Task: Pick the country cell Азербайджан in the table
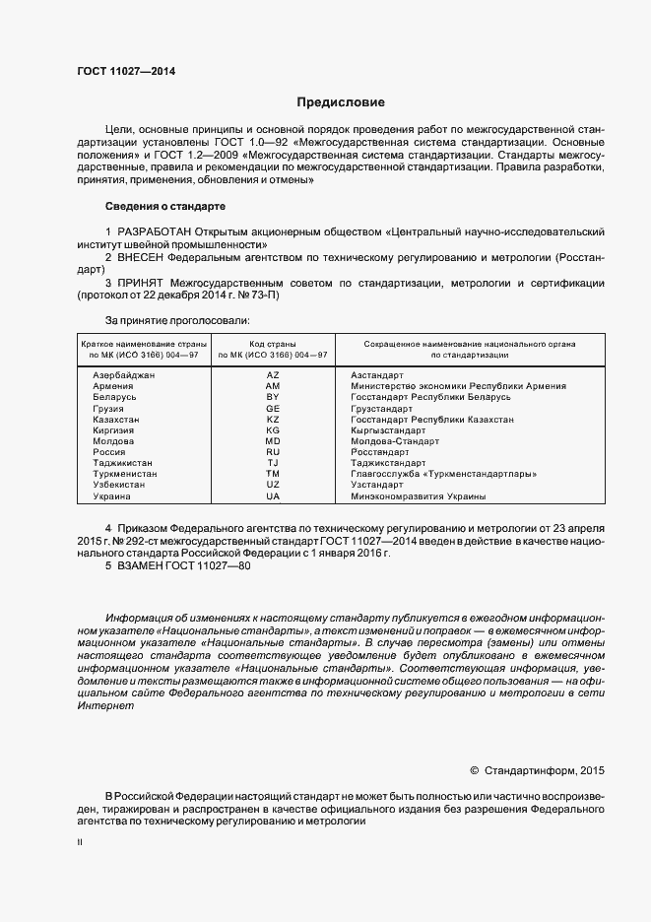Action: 124,375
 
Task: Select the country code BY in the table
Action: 273,397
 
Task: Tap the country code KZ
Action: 273,419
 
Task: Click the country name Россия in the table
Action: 108,452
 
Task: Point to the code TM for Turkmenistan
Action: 273,474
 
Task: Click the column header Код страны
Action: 273,344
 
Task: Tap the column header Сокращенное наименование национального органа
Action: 470,344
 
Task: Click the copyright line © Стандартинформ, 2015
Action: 538,769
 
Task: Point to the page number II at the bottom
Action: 80,842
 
